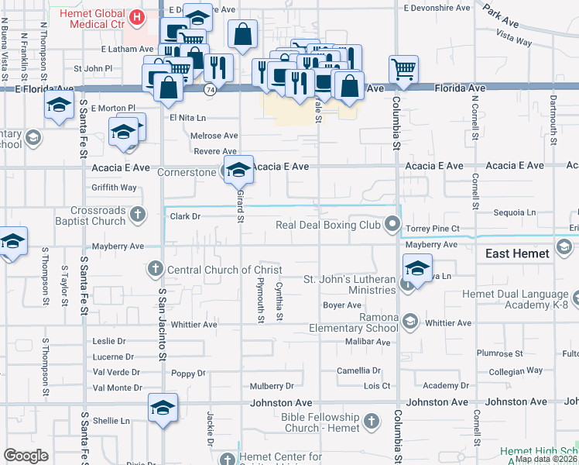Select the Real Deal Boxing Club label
pyautogui.click(x=329, y=226)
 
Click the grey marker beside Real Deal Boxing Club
pyautogui.click(x=392, y=226)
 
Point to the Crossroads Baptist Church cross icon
pyautogui.click(x=137, y=215)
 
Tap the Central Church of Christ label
pyautogui.click(x=215, y=270)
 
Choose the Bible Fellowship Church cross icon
pyautogui.click(x=372, y=422)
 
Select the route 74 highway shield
pyautogui.click(x=210, y=89)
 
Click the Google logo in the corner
pyautogui.click(x=26, y=456)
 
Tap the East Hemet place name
pyautogui.click(x=517, y=253)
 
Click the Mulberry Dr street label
pyautogui.click(x=272, y=386)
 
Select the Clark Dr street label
pyautogui.click(x=185, y=217)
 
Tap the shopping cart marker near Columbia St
pyautogui.click(x=403, y=70)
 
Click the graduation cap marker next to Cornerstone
pyautogui.click(x=238, y=170)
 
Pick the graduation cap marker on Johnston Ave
pyautogui.click(x=163, y=408)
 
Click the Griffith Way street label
pyautogui.click(x=114, y=188)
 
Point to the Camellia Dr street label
pyautogui.click(x=359, y=371)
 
